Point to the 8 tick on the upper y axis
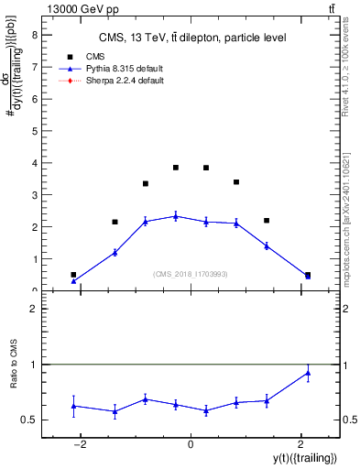point(35,35)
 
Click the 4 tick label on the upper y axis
point(35,163)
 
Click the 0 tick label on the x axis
point(191,444)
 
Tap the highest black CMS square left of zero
point(176,168)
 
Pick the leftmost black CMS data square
point(73,274)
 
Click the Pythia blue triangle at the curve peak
point(176,216)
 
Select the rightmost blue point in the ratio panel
point(308,373)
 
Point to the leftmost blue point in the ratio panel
point(73,406)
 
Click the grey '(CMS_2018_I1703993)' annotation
point(191,274)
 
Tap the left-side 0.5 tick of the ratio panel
point(33,420)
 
